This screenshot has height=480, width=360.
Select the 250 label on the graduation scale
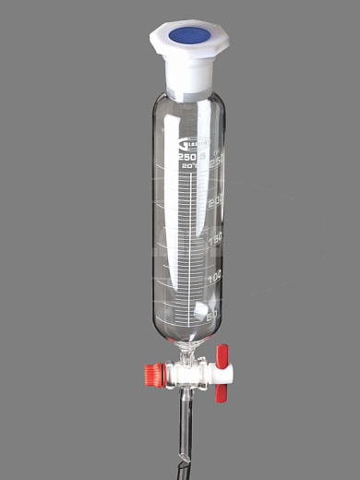pos(216,162)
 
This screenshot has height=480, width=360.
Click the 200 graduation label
pos(218,200)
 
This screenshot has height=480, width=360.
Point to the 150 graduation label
pos(217,239)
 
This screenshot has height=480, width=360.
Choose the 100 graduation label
pos(216,278)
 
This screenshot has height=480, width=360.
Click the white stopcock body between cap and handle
pos(190,374)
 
